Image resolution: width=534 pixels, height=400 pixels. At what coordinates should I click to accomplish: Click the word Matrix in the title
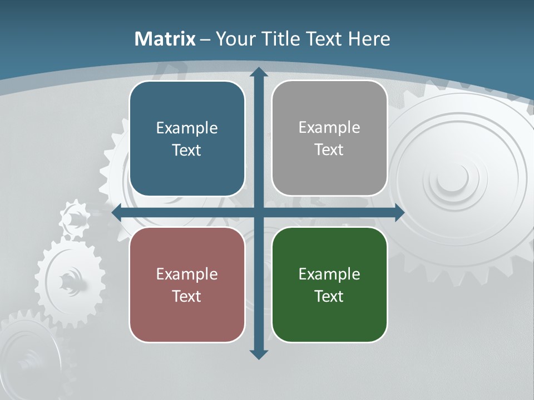click(165, 39)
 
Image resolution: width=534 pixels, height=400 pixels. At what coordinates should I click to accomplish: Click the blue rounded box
click(187, 138)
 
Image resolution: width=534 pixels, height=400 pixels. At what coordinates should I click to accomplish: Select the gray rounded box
click(329, 138)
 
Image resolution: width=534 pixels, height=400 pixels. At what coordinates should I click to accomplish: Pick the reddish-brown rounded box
click(187, 284)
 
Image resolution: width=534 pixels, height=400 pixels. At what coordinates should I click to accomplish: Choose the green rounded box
click(329, 284)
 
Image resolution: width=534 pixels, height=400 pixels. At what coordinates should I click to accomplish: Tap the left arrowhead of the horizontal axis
click(117, 213)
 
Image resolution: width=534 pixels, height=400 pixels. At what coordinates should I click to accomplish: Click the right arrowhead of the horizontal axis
click(399, 213)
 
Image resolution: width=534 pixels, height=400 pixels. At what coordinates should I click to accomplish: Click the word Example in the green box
click(329, 274)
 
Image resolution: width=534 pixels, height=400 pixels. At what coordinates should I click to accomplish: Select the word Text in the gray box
click(329, 149)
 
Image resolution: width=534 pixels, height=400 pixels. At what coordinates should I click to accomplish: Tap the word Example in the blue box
click(187, 128)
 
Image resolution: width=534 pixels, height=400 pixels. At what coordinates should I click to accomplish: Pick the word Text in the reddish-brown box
click(187, 296)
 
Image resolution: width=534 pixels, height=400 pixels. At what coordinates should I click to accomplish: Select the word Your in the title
click(234, 39)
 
